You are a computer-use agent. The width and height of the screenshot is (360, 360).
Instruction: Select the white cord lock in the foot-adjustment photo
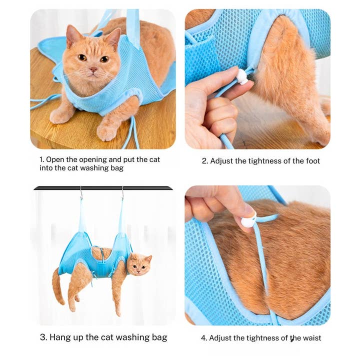242,76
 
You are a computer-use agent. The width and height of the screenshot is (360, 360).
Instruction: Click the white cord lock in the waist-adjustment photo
248,221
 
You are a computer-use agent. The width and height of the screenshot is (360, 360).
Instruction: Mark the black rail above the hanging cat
102,188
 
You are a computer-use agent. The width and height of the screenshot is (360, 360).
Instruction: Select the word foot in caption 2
311,161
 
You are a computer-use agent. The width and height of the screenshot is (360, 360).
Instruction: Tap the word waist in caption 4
310,338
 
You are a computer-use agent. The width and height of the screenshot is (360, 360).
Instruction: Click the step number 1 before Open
41,159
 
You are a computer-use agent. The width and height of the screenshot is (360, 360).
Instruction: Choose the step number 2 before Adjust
204,161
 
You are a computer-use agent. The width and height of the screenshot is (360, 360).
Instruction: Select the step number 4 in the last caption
203,338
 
